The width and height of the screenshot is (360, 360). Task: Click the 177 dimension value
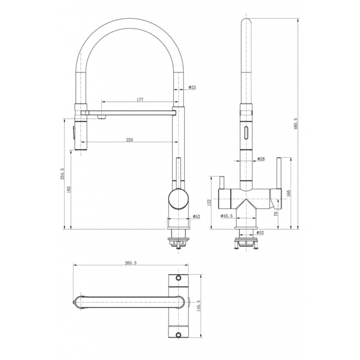139,100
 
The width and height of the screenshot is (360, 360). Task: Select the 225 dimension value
130,140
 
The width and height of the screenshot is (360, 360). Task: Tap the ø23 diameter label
192,87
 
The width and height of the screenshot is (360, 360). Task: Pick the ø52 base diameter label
196,216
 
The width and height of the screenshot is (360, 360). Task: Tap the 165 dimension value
288,193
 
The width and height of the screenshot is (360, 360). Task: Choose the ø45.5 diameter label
227,216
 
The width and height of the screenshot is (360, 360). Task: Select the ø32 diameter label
260,233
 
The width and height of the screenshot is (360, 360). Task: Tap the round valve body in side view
177,199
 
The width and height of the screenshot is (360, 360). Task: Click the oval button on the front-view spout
246,132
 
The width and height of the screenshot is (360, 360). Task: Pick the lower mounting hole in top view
178,334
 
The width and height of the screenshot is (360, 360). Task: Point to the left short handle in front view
221,183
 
